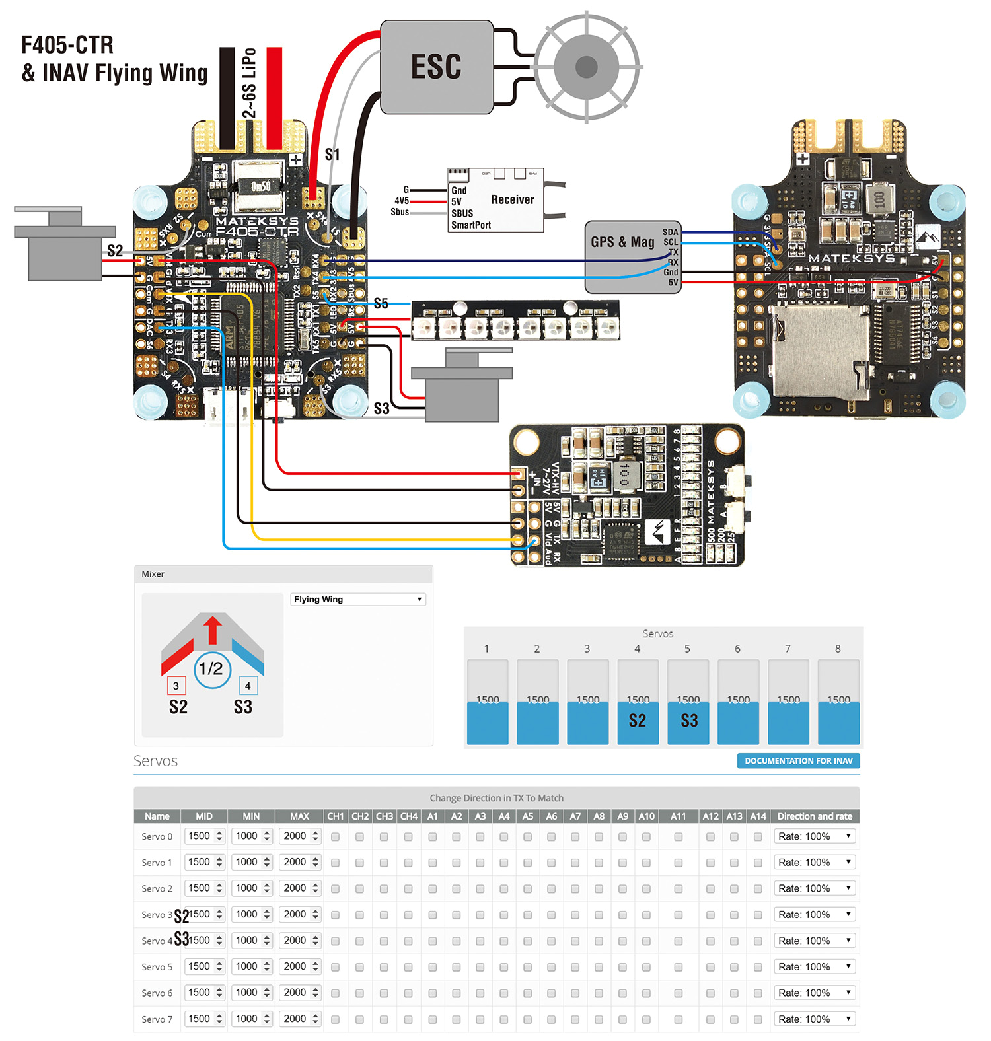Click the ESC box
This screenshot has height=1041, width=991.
437,67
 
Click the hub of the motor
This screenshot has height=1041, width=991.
586,67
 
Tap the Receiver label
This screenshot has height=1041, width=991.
512,199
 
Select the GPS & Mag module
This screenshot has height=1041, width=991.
623,256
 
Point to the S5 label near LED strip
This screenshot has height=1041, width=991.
381,303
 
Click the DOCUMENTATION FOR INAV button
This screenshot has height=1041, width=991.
798,760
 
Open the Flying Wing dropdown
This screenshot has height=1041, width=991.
357,599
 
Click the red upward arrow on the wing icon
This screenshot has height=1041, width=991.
213,629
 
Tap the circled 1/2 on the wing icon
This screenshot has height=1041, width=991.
211,668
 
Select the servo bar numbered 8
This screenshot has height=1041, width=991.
838,702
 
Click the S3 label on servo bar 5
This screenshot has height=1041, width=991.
688,721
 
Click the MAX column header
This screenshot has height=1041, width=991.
299,816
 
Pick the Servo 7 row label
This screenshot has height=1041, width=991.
157,1019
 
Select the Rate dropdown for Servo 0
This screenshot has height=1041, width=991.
815,836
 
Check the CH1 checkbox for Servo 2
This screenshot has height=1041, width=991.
335,888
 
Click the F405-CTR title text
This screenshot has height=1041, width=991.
67,45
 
